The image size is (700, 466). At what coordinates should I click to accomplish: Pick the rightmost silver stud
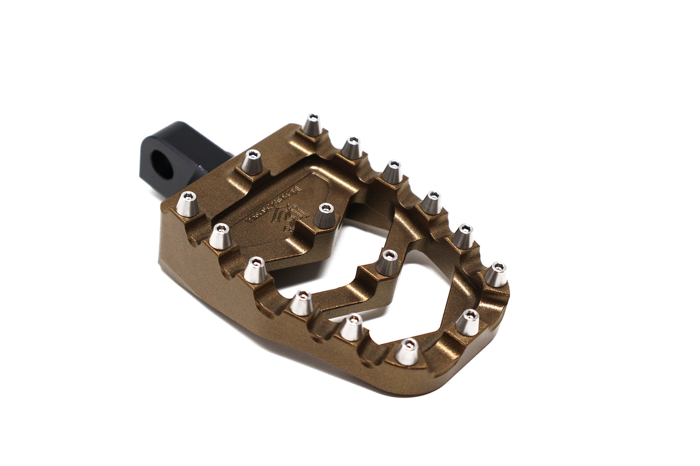pyautogui.click(x=497, y=274)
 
